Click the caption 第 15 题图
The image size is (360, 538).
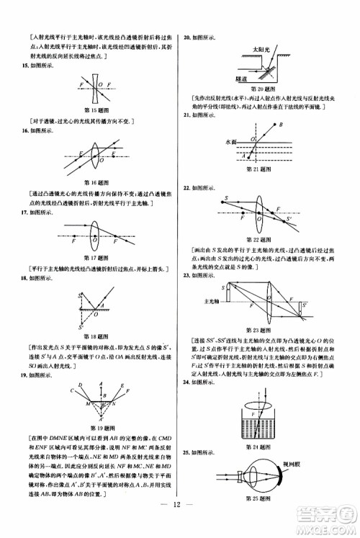(x=96, y=109)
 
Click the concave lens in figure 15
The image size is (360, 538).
(x=96, y=84)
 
